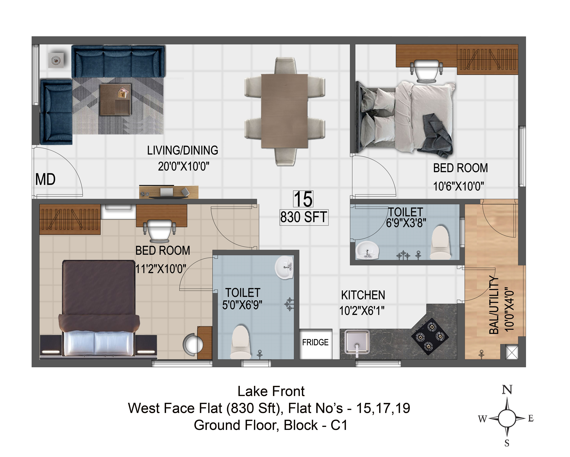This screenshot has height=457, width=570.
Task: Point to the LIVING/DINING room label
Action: point(183,150)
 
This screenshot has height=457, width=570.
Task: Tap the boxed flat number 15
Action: point(303,199)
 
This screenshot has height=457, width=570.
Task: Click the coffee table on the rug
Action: point(115,100)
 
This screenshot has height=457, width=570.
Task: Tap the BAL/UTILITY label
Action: point(494,305)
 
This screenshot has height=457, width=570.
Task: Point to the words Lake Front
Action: point(271,391)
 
